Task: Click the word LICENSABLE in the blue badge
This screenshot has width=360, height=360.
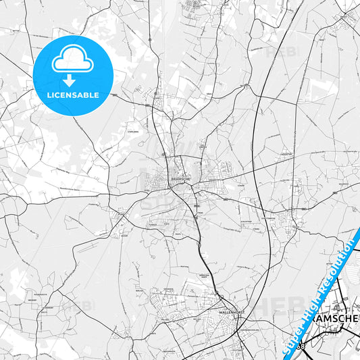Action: pyautogui.click(x=72, y=95)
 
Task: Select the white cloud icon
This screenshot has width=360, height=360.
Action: pyautogui.click(x=72, y=59)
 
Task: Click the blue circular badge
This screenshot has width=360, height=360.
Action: pyautogui.click(x=72, y=75)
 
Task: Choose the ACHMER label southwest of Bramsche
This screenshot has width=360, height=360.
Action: pyautogui.click(x=154, y=223)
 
